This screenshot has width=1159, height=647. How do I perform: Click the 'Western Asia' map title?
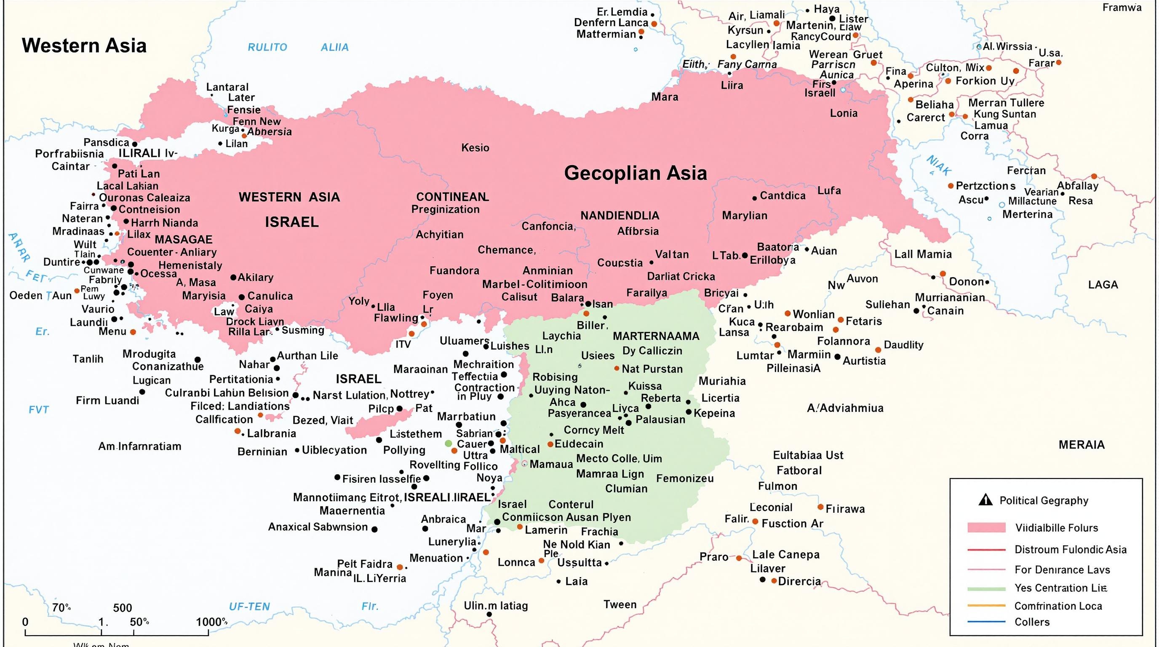(x=84, y=46)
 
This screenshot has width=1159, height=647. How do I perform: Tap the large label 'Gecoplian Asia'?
(x=635, y=173)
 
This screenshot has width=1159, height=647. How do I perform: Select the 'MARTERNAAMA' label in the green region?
(x=656, y=336)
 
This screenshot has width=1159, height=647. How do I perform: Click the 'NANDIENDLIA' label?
(x=620, y=216)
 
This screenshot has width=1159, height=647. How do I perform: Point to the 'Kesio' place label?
(x=475, y=147)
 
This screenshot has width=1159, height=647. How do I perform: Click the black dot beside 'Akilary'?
(x=233, y=278)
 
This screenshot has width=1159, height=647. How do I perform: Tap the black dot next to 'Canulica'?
(x=242, y=297)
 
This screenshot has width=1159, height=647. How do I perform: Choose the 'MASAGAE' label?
(x=184, y=239)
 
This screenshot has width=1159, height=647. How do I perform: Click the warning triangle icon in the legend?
(x=985, y=500)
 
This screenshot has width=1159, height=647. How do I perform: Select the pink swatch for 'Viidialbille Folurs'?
(x=986, y=527)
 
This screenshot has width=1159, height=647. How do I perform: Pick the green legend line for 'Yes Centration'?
(x=986, y=588)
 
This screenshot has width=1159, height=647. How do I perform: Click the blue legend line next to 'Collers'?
(x=986, y=622)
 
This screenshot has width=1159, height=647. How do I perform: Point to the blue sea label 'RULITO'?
(x=267, y=47)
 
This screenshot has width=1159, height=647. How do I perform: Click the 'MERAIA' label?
(x=1082, y=445)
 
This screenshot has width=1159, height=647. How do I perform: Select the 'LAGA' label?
(x=1103, y=285)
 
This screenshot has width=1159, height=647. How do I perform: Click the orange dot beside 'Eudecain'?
(x=550, y=444)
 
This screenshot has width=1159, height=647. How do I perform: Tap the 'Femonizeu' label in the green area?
(x=685, y=478)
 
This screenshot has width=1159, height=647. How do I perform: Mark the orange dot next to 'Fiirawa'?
(x=820, y=507)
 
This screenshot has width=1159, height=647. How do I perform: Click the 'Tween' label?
(x=620, y=604)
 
